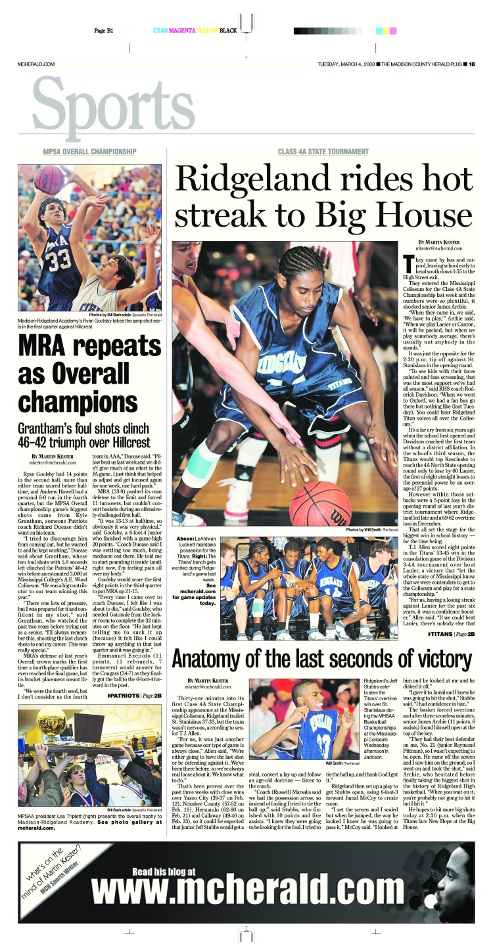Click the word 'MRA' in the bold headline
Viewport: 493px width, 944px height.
(48, 344)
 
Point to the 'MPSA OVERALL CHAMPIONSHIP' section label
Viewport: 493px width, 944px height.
(90, 151)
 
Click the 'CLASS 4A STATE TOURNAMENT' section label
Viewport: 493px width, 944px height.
(320, 152)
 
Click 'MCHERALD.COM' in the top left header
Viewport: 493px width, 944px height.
(35, 64)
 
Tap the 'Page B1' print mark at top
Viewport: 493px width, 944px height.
(104, 31)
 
